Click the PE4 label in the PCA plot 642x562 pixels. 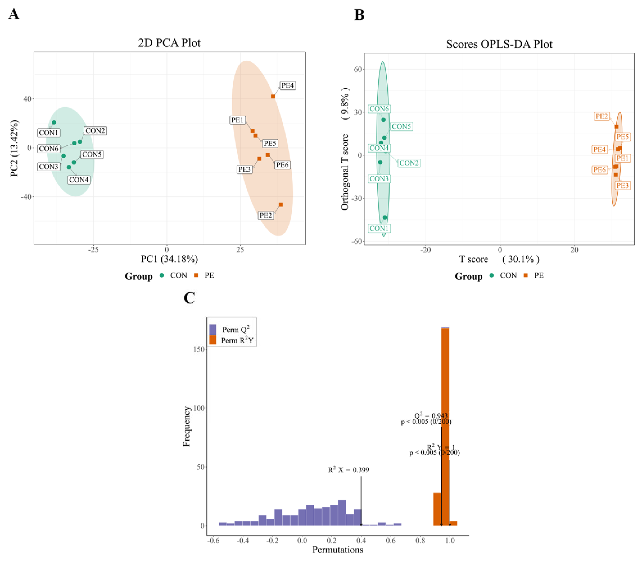tap(287, 86)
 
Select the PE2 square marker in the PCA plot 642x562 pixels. tap(281, 205)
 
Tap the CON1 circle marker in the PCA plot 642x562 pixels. tap(54, 123)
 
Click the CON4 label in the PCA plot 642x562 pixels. tap(79, 180)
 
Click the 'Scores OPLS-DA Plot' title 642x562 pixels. tap(499, 44)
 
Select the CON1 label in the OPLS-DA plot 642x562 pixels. tap(379, 228)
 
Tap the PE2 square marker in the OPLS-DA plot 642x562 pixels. tap(617, 127)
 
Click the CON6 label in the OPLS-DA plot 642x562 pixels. tap(379, 109)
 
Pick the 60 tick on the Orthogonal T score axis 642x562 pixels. tap(358, 69)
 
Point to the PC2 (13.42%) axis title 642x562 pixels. tap(14, 148)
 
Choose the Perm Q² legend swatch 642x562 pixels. tap(213, 330)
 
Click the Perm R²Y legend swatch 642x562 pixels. tap(213, 340)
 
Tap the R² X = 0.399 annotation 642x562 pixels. tap(349, 470)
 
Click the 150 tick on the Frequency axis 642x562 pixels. tap(199, 349)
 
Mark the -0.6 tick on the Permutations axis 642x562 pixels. tap(213, 541)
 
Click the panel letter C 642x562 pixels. tap(189, 298)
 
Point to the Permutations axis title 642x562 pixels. tap(338, 550)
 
